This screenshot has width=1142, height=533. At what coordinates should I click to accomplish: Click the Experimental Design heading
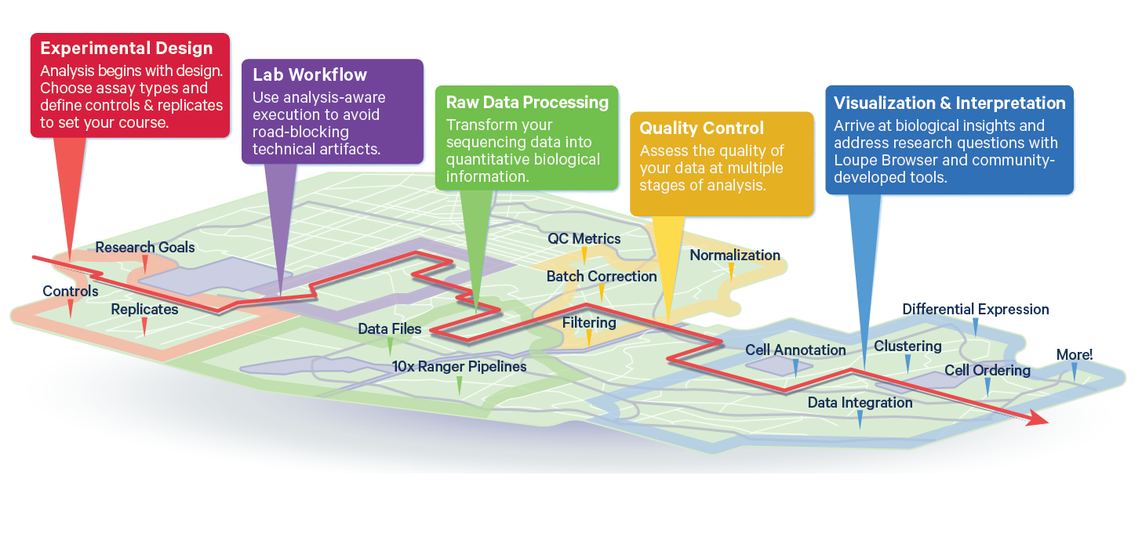[x=126, y=49]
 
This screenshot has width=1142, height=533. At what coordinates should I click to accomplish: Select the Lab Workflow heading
[x=310, y=74]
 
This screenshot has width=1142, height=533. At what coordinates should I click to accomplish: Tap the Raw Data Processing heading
[x=527, y=102]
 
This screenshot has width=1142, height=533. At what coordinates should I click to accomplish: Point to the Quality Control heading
[x=701, y=128]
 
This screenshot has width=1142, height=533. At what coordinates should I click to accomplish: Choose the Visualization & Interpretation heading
[x=949, y=103]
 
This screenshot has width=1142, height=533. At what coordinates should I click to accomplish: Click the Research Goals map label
[x=145, y=247]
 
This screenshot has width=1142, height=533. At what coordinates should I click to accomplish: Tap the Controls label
[x=71, y=292]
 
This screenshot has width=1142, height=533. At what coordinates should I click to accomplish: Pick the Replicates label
[x=144, y=309]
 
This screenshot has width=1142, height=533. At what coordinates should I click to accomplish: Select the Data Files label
[x=390, y=328]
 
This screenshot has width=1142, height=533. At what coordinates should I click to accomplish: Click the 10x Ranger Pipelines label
[x=460, y=366]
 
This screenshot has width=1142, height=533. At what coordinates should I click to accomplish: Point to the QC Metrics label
[x=584, y=238]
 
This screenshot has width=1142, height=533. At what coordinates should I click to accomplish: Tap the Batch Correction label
[x=602, y=276]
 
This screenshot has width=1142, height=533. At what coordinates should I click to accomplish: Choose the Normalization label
[x=735, y=255]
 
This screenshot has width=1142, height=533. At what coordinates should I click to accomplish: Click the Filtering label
[x=589, y=322]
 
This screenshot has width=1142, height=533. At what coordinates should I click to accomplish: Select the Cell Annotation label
[x=795, y=350]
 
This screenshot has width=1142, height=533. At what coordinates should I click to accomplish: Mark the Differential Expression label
[x=976, y=309]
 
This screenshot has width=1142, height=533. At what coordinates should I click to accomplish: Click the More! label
[x=1075, y=354]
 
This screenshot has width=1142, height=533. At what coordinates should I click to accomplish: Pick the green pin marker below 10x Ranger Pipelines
[x=460, y=386]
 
